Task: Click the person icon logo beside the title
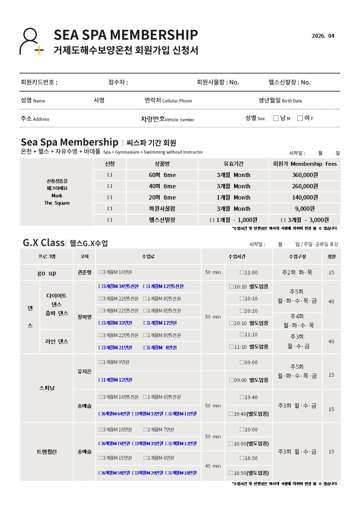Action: [31, 41]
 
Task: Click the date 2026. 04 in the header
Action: [323, 36]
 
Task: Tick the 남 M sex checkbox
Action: [276, 118]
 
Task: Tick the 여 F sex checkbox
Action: [300, 118]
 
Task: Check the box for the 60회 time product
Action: [110, 175]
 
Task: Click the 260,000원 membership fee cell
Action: [305, 186]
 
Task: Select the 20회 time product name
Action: [162, 197]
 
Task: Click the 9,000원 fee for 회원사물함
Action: [305, 209]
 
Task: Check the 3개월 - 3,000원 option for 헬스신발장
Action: [283, 220]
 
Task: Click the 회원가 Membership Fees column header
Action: [305, 164]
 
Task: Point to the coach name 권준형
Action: [84, 272]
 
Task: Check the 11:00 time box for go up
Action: [242, 272]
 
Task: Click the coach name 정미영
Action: [84, 317]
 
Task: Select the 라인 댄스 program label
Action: [57, 341]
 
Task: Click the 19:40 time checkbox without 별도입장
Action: [242, 397]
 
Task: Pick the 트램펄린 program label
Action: [47, 452]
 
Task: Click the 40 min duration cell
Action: [213, 466]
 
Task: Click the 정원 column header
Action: [331, 256]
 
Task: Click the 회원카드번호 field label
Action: [39, 82]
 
